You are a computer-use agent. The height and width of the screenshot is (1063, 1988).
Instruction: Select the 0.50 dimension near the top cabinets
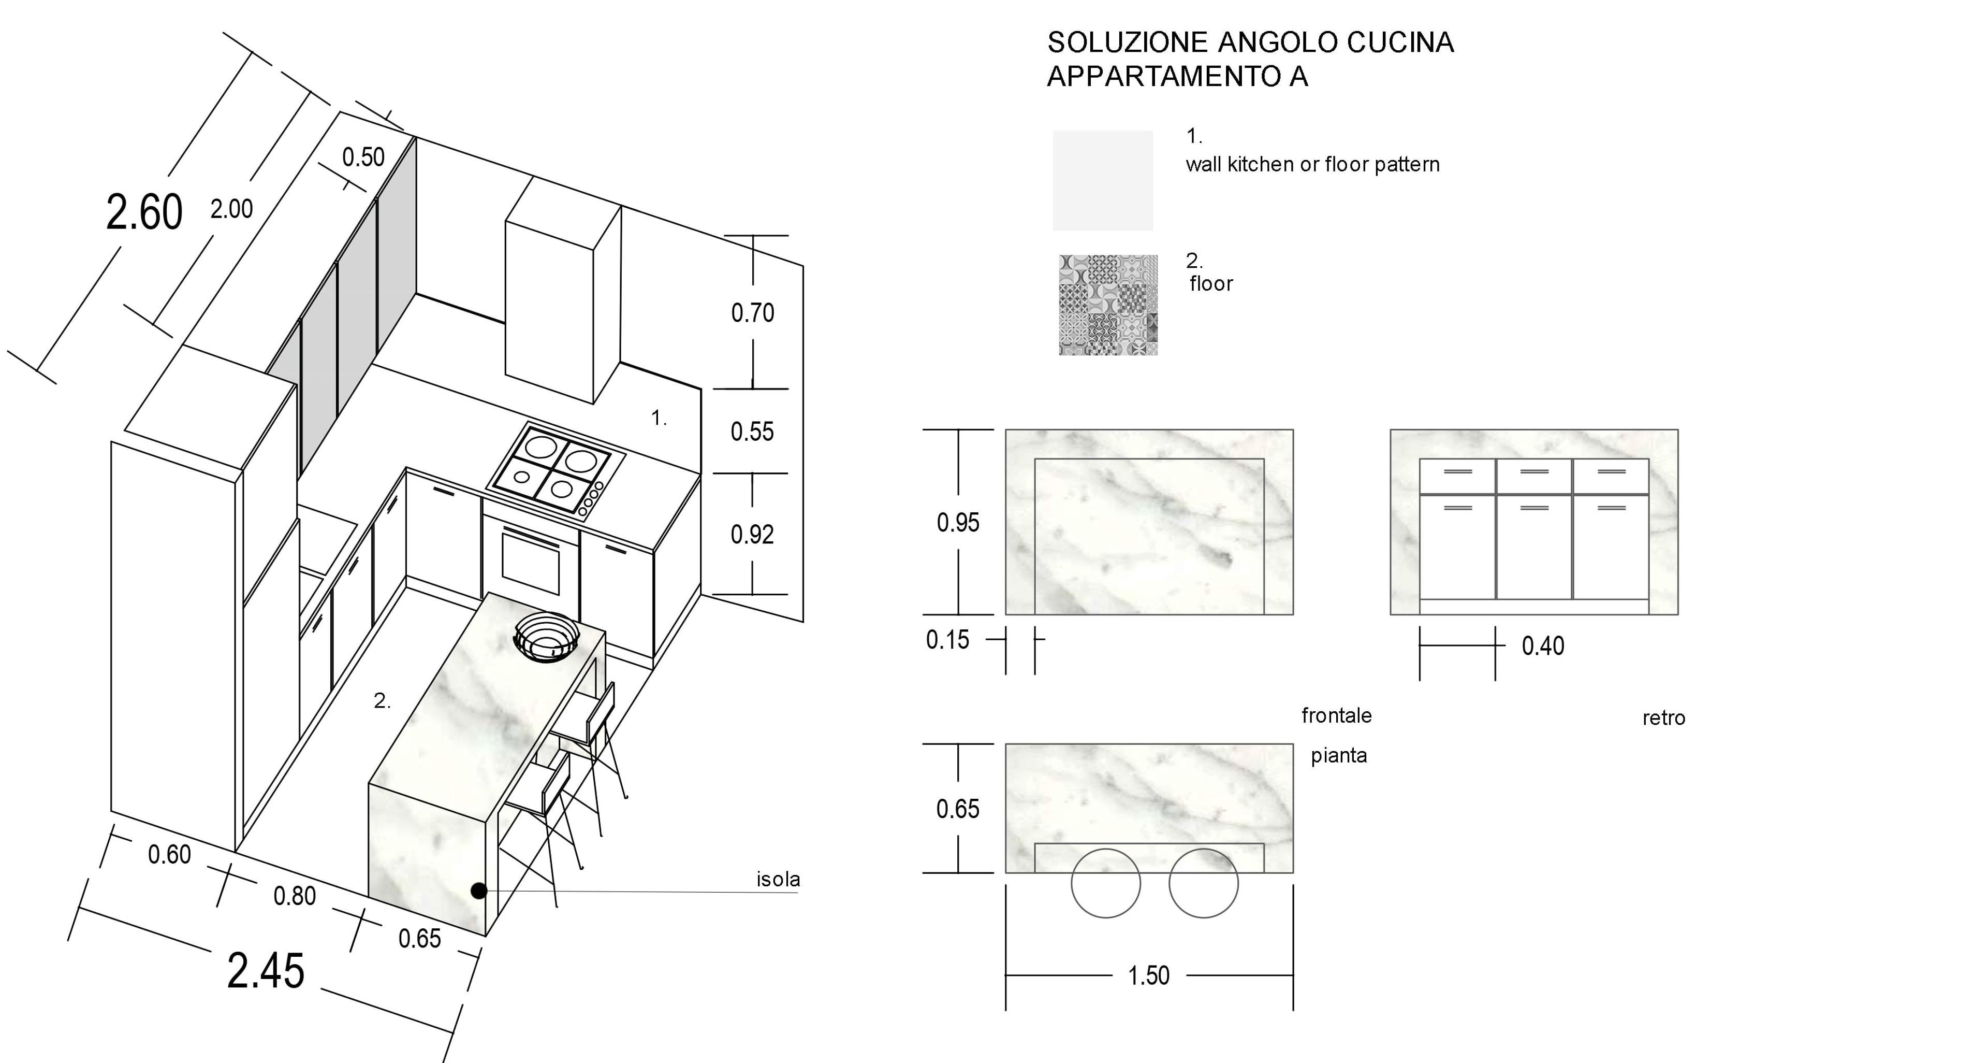(x=363, y=157)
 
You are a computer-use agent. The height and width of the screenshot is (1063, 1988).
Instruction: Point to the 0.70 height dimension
(x=752, y=313)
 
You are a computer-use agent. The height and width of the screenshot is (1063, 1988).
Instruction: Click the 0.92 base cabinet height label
(x=752, y=534)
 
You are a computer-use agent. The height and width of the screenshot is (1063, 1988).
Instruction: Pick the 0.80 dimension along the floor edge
(x=295, y=896)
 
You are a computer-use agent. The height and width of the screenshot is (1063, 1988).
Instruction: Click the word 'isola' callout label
(x=778, y=879)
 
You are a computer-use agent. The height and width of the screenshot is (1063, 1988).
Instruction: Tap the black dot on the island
(x=478, y=891)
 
